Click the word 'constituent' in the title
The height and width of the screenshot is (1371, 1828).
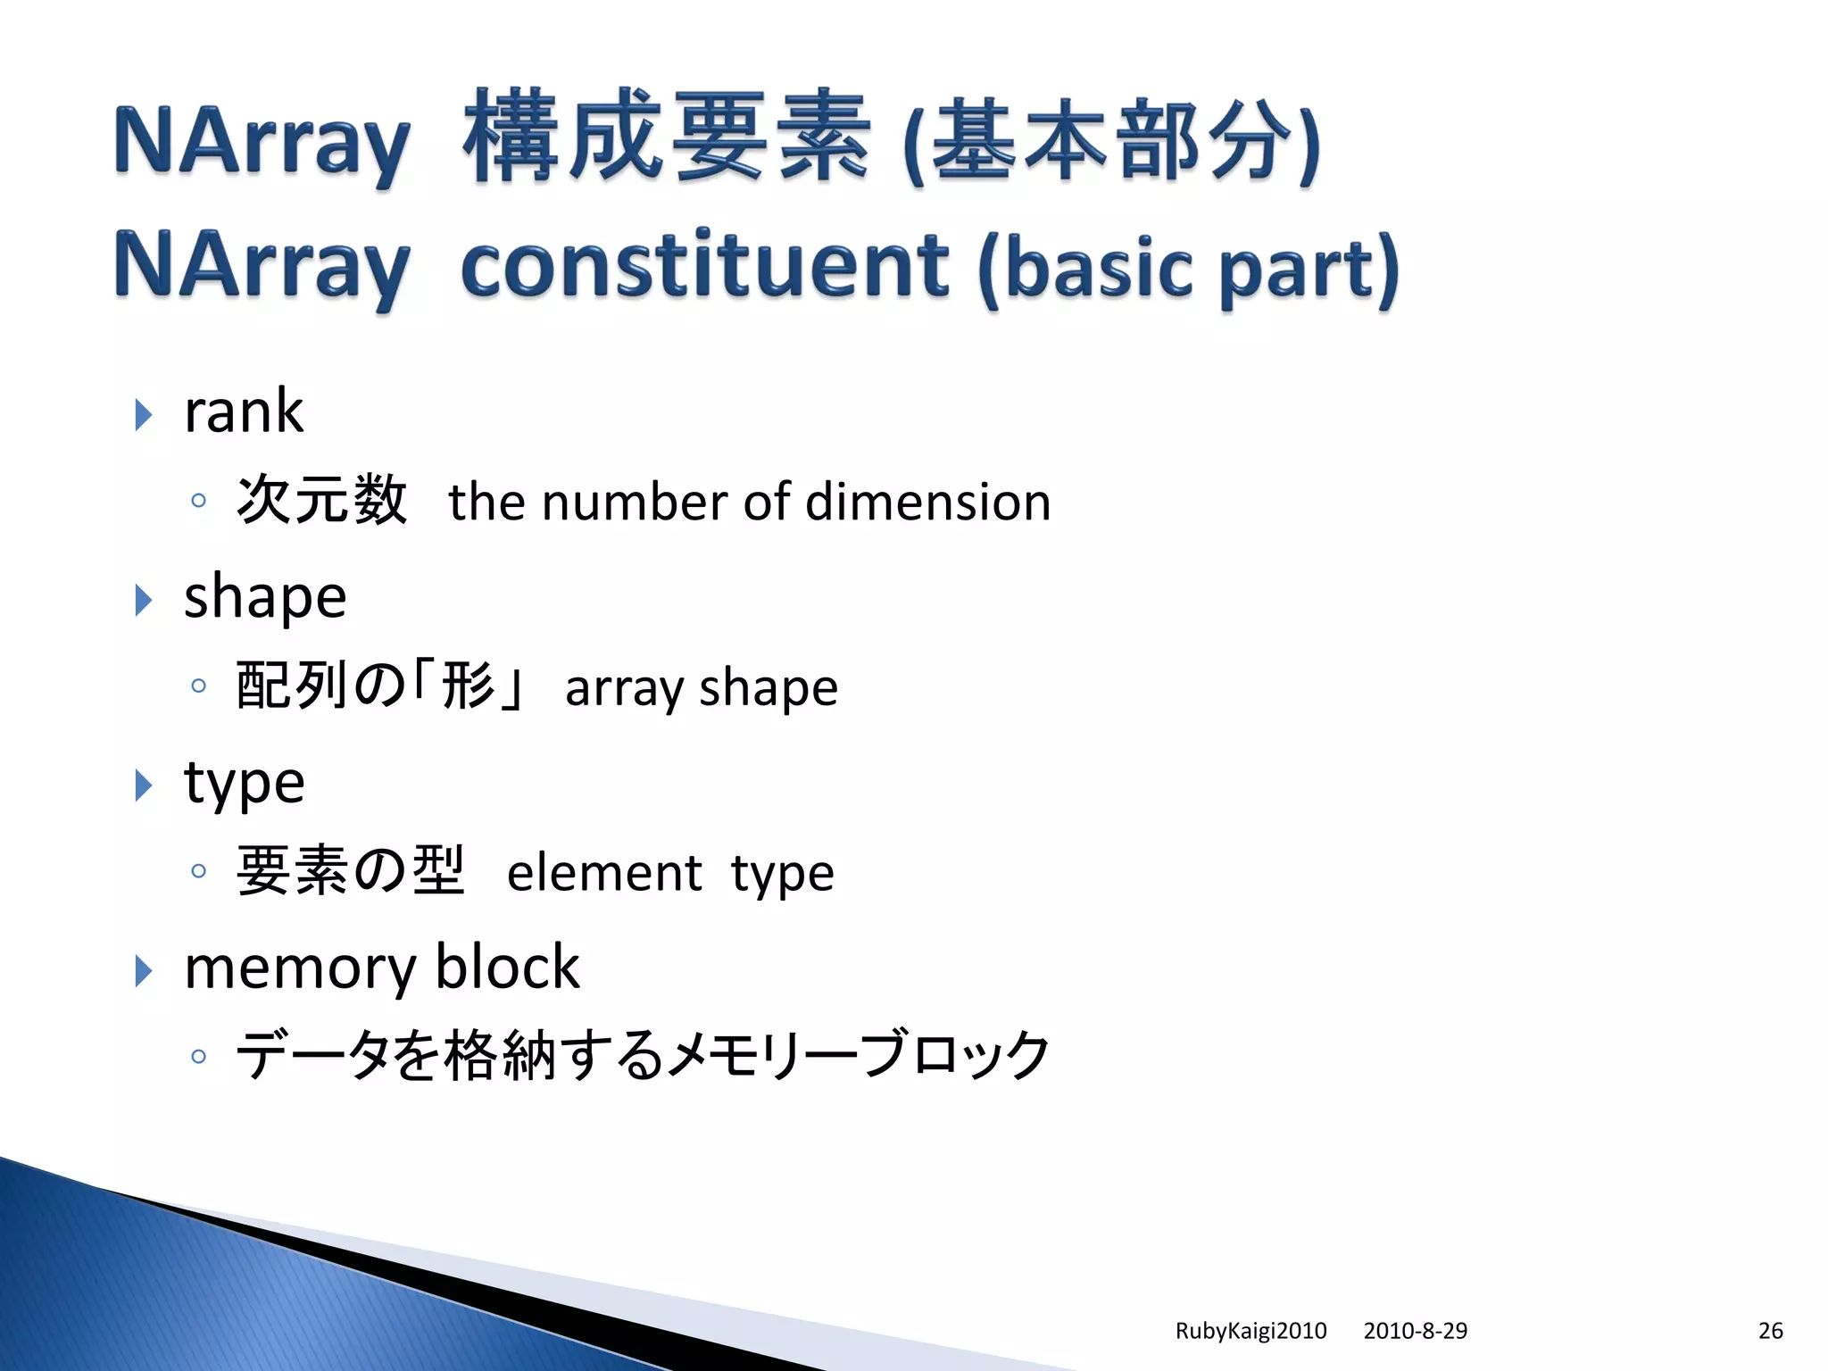(x=703, y=265)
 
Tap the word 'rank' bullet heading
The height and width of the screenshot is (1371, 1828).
(x=243, y=412)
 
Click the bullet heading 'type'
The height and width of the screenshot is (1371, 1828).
(x=244, y=783)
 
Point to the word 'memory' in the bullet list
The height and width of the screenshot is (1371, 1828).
(x=300, y=968)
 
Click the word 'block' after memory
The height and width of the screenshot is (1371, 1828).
(x=507, y=968)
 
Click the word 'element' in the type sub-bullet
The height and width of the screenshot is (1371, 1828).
(x=604, y=873)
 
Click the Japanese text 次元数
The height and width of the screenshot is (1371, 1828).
(x=322, y=500)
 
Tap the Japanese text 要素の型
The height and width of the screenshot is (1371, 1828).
(x=350, y=870)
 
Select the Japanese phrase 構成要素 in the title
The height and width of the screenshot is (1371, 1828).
(x=666, y=137)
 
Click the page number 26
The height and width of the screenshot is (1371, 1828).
(x=1770, y=1331)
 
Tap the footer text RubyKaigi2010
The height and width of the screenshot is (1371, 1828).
(x=1251, y=1331)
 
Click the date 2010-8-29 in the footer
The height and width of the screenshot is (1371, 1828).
(x=1415, y=1331)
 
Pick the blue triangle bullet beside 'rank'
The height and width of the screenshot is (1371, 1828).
(x=143, y=415)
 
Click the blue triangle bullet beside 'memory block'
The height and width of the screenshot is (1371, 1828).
(x=143, y=970)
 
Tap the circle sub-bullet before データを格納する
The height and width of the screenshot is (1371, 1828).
(x=198, y=1057)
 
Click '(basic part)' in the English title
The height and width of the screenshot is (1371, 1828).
(x=1187, y=267)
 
